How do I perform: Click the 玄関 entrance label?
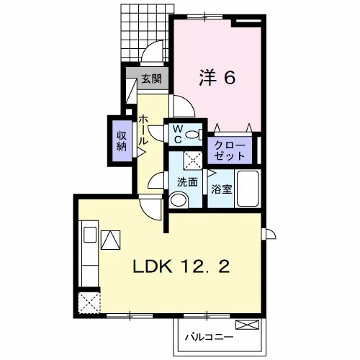151,78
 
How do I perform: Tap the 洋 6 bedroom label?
217,77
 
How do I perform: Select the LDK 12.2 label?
181,266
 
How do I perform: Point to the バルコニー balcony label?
209,337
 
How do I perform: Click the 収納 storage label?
122,141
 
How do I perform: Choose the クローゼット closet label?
230,151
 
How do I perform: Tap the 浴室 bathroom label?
222,189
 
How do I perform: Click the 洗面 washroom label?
187,182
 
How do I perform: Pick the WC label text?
178,135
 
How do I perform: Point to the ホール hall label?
143,130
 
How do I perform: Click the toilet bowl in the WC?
194,135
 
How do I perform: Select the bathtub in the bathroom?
248,189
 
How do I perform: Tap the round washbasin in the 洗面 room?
179,199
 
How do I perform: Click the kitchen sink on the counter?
90,235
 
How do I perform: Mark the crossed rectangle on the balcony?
248,325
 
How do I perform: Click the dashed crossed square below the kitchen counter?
89,302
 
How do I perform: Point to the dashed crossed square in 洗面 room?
193,160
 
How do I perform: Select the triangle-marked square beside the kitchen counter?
111,240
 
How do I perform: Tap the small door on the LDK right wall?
269,233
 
